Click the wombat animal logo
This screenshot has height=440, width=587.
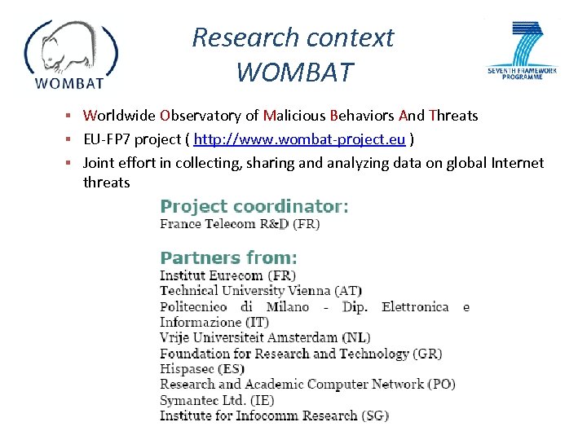tap(71, 54)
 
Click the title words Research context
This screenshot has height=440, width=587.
tap(293, 37)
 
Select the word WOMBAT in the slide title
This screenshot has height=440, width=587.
tap(295, 73)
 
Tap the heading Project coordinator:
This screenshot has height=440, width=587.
tap(254, 206)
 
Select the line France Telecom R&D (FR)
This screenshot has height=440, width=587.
tap(240, 223)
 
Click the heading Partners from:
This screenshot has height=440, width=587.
tap(228, 257)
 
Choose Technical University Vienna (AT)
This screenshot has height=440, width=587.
tap(261, 290)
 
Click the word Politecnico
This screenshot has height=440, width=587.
tap(194, 306)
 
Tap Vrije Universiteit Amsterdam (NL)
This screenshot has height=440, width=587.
tap(264, 337)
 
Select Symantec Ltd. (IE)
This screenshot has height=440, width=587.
tap(217, 399)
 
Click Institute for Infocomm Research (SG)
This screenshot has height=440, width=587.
tap(274, 415)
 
